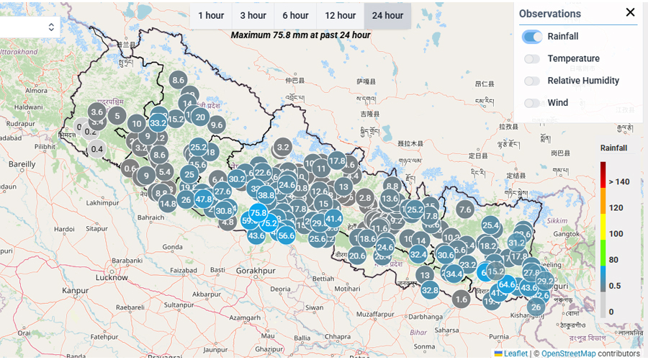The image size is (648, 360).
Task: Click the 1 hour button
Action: (211, 15)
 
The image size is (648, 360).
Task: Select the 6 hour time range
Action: (295, 15)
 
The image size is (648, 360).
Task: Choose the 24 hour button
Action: (387, 15)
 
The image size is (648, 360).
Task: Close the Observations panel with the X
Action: (630, 12)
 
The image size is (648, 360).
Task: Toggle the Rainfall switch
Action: (533, 36)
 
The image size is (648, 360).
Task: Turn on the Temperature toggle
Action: (533, 58)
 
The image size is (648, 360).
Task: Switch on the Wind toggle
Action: (533, 103)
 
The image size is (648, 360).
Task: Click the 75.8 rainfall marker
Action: (258, 212)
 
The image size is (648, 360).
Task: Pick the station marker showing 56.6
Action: (286, 235)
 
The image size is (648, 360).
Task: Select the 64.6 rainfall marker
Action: (507, 284)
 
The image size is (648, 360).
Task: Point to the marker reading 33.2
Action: (158, 123)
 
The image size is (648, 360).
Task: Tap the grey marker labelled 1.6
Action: (462, 299)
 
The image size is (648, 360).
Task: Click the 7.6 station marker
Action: (464, 210)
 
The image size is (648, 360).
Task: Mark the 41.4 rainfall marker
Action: (333, 218)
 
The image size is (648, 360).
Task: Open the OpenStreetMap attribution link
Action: (568, 354)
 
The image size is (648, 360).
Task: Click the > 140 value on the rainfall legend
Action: (619, 181)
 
